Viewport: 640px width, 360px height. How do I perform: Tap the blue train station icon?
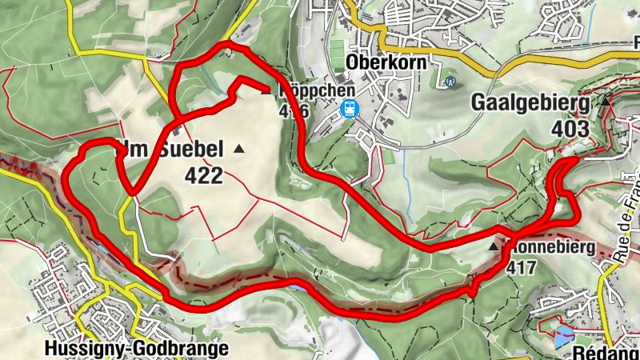point(349,110)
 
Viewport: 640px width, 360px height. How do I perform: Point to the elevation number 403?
point(570,128)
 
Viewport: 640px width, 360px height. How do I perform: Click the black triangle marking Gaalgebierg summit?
point(606,102)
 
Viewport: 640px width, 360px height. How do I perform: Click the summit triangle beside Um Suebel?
point(238,149)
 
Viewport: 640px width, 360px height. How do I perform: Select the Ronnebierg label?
point(551,248)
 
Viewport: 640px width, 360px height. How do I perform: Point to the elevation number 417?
point(522,268)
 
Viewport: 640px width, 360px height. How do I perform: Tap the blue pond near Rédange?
point(563,337)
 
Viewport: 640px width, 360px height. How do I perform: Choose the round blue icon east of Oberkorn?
point(450,81)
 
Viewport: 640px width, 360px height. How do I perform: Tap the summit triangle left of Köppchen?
point(266,90)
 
